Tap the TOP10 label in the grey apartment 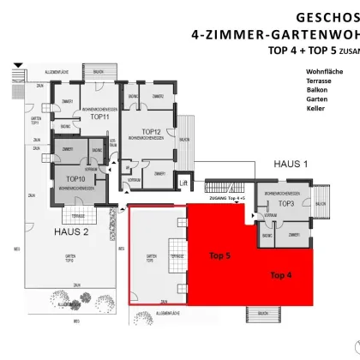[x=75, y=179]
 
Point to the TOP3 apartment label [x=286, y=204]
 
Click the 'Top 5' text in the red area [x=221, y=255]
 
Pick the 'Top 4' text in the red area [x=281, y=275]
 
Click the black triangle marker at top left [x=18, y=64]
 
